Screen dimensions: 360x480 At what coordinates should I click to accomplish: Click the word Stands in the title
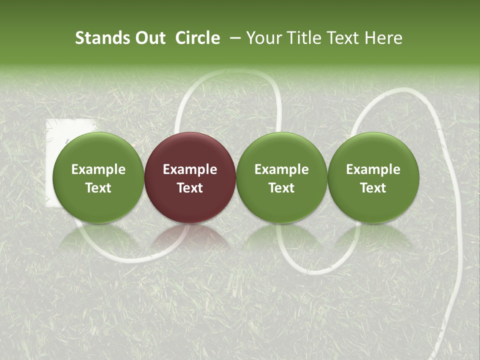point(102,38)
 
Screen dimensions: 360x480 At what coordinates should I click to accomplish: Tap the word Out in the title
point(149,38)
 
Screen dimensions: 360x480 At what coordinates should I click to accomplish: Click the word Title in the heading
point(305,38)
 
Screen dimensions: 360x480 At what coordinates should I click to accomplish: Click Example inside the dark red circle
point(190,169)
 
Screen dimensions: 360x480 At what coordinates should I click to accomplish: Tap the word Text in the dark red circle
point(190,188)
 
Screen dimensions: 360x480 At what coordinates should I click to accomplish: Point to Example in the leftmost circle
point(98,169)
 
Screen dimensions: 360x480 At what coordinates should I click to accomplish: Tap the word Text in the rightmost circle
point(373,188)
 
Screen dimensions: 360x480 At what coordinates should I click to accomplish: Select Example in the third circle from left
point(281,169)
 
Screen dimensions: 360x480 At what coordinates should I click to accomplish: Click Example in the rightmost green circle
point(373,169)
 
